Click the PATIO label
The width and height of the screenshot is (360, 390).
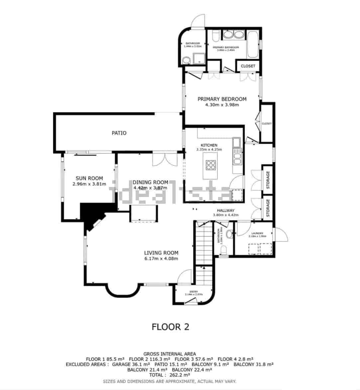pos(119,133)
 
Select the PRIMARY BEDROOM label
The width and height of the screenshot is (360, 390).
pos(222,99)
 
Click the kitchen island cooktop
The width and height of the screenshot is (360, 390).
pos(211,165)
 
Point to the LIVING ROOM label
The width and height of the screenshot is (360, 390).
pos(161,253)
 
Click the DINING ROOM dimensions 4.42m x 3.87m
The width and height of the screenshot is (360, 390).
pos(150,188)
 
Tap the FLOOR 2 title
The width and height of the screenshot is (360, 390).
pos(170,327)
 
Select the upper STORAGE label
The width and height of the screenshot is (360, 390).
pos(268,180)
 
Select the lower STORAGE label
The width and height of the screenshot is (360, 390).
pos(268,208)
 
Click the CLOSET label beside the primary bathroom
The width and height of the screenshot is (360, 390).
pos(248,66)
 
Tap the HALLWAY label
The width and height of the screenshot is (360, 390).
pos(226,211)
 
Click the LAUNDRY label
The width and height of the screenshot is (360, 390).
pos(257,233)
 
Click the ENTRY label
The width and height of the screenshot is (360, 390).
pos(193,292)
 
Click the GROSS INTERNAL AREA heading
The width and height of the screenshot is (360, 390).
pos(170,354)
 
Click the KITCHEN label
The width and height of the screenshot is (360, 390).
pos(209,145)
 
